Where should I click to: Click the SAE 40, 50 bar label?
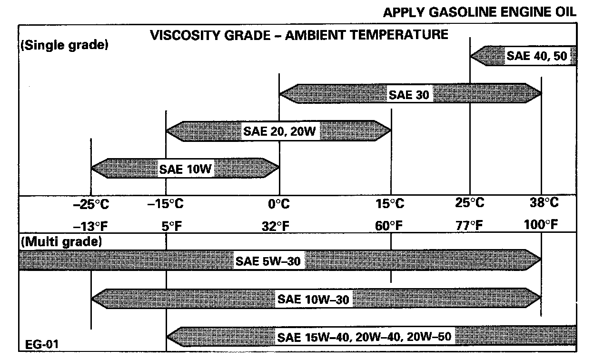[x=536, y=56]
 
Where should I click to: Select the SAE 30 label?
[x=409, y=94]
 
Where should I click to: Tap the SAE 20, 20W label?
[x=279, y=131]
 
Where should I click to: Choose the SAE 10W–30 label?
[x=314, y=299]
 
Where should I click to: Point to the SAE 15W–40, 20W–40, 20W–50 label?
[x=364, y=337]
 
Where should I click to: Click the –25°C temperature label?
[x=91, y=204]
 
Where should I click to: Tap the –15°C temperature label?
[x=166, y=204]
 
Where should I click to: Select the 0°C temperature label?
[x=279, y=204]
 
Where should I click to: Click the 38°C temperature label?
[x=544, y=203]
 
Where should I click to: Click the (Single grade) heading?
[x=64, y=46]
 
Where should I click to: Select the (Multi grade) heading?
[x=61, y=242]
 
